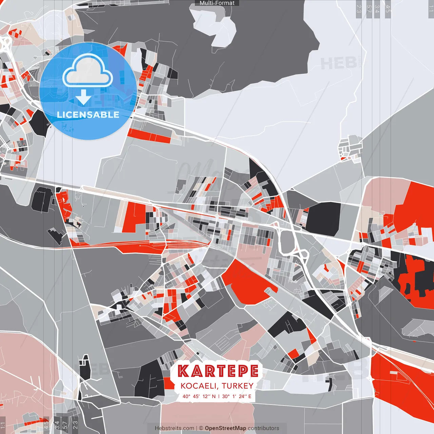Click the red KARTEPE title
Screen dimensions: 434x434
pyautogui.click(x=218, y=371)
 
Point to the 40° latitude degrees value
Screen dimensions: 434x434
pyautogui.click(x=186, y=396)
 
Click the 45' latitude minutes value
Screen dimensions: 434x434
pyautogui.click(x=196, y=396)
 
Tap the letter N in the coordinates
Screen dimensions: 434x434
pyautogui.click(x=214, y=396)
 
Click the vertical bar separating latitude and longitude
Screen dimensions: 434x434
pyautogui.click(x=219, y=396)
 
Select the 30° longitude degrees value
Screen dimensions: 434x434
pyautogui.click(x=225, y=396)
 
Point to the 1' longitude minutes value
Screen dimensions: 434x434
pyautogui.click(x=234, y=396)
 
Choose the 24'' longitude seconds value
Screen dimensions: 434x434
pyautogui.click(x=242, y=396)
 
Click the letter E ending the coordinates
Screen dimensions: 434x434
pyautogui.click(x=250, y=396)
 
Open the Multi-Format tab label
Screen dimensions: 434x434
pyautogui.click(x=217, y=3)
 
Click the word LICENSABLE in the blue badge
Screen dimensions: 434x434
pyautogui.click(x=88, y=115)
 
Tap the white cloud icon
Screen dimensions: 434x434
pyautogui.click(x=88, y=71)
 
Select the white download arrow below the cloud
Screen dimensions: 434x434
pyautogui.click(x=83, y=97)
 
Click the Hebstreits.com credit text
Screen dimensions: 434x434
pyautogui.click(x=174, y=428)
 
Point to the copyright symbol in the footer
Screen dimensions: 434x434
pyautogui.click(x=201, y=428)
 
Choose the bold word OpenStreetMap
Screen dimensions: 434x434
pyautogui.click(x=225, y=428)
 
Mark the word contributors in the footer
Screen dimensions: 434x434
pyautogui.click(x=263, y=428)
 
